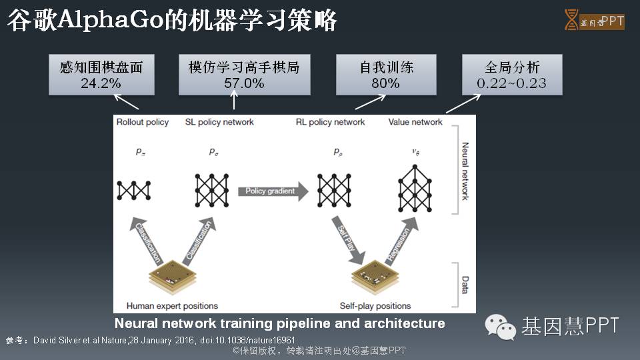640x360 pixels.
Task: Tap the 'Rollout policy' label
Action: coord(143,122)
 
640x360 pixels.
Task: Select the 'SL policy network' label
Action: coord(219,122)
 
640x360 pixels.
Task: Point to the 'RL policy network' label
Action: coord(330,122)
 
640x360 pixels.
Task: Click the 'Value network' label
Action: coord(415,122)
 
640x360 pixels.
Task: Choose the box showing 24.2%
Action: coord(101,75)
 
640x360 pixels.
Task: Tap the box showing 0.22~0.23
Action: coord(512,75)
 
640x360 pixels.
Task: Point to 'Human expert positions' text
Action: coord(172,306)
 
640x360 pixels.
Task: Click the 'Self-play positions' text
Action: coord(375,306)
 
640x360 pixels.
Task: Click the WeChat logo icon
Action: coord(499,326)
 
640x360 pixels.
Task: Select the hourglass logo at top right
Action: coord(571,20)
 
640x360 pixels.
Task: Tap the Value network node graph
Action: coord(415,187)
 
